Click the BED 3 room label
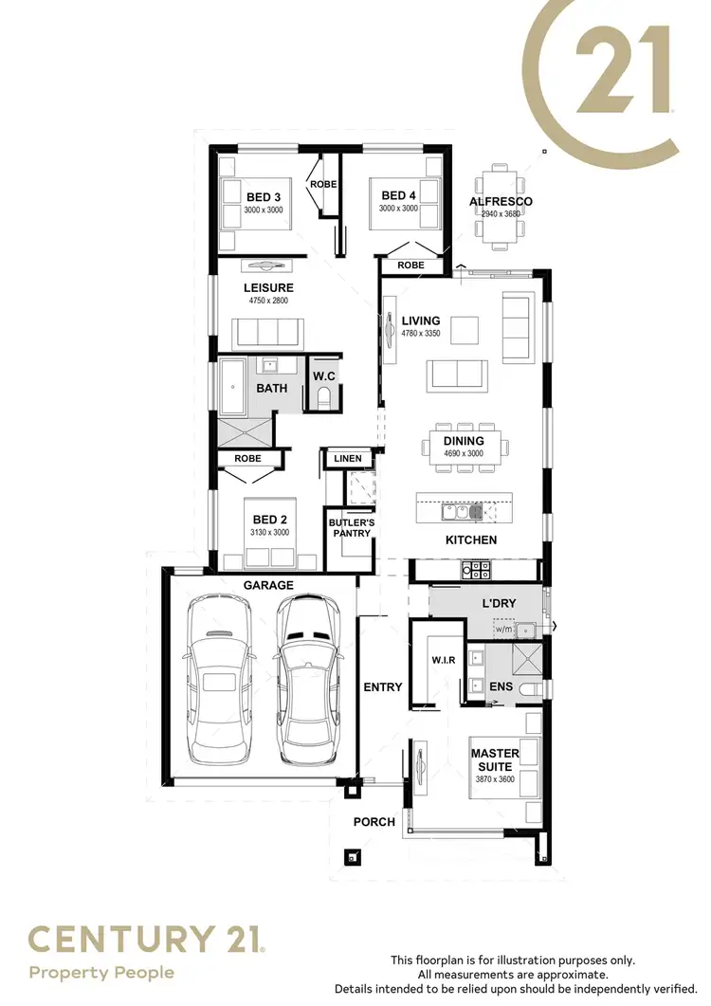(x=264, y=196)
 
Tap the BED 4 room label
(x=398, y=196)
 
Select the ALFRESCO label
(x=501, y=202)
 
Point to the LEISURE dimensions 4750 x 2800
(x=268, y=301)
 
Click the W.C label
(x=324, y=376)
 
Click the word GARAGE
(x=269, y=586)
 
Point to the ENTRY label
(x=383, y=687)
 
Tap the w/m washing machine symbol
(x=503, y=630)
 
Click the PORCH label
(x=374, y=822)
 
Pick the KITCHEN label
(x=471, y=540)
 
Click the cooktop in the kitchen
(x=476, y=570)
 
